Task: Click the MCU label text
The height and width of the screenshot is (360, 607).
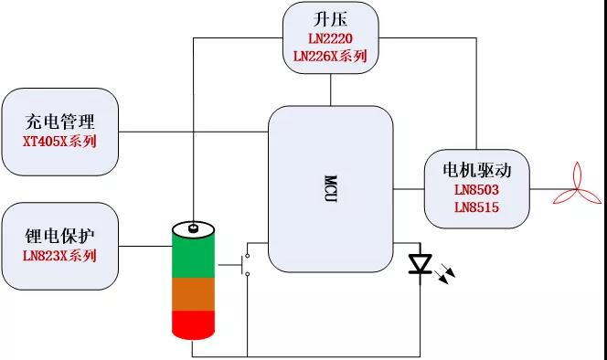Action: (330, 188)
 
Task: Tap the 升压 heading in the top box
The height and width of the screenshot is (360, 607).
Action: (330, 19)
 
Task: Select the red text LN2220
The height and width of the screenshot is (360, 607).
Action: (330, 38)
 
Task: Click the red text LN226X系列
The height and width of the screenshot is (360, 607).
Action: (330, 57)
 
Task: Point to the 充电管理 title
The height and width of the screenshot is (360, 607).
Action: (59, 122)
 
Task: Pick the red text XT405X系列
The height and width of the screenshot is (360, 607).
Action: (59, 142)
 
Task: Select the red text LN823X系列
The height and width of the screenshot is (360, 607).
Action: (59, 255)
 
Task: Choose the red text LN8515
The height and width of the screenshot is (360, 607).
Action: (475, 207)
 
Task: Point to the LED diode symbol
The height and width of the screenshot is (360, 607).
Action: (421, 265)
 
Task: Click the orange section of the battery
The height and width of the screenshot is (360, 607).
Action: (193, 294)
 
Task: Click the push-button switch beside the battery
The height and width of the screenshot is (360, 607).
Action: (245, 265)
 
